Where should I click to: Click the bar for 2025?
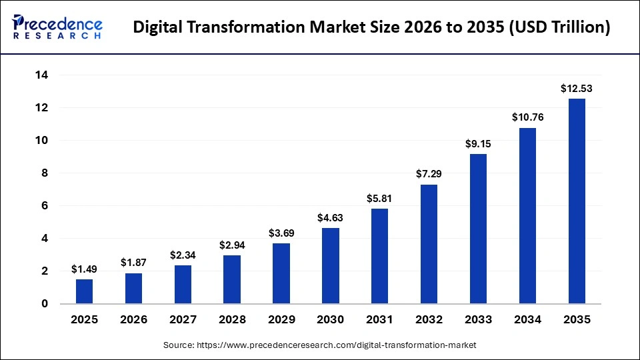pos(84,291)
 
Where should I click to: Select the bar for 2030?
pos(331,266)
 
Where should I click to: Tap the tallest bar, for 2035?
pos(577,201)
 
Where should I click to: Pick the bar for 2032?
pos(429,244)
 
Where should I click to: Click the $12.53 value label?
pos(577,88)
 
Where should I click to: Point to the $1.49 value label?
pos(84,269)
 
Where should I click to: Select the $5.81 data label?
pos(379,198)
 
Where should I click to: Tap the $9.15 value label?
pos(478,143)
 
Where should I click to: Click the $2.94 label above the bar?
pos(232,245)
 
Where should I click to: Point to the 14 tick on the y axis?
pos(41,75)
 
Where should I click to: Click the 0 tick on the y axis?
pos(45,304)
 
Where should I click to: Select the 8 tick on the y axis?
pos(45,173)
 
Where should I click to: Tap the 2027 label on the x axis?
pos(183,320)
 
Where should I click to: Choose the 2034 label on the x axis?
pos(527,320)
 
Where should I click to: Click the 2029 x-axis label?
pos(281,320)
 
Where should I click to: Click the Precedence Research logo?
pos(57,27)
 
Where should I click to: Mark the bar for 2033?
pos(478,229)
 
